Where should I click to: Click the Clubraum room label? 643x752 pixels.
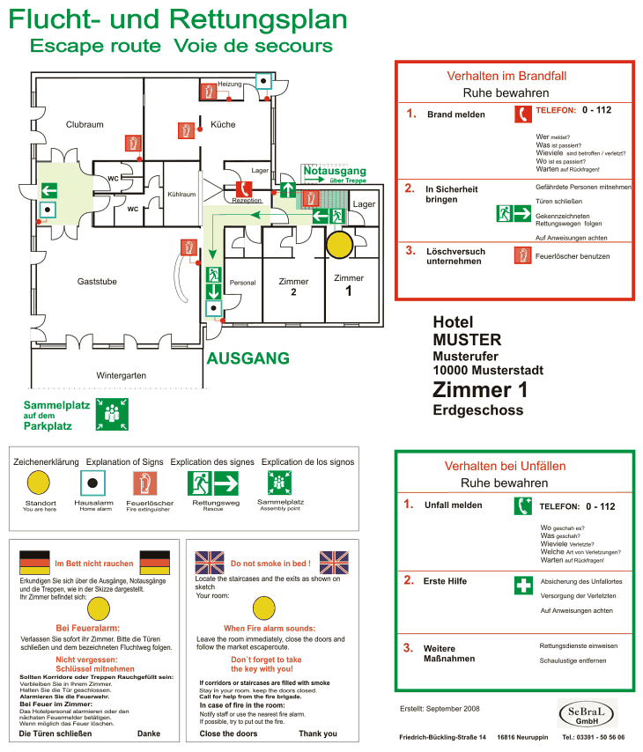(x=85, y=125)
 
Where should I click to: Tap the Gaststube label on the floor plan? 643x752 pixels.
(x=97, y=282)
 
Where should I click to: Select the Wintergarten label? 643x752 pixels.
(x=121, y=375)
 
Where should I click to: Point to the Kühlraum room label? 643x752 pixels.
(x=181, y=194)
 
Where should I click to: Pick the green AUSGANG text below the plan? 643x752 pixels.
(x=248, y=358)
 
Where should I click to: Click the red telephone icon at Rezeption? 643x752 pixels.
(x=244, y=189)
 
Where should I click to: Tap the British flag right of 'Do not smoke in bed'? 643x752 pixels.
(x=334, y=562)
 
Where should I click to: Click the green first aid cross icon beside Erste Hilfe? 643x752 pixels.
(x=524, y=586)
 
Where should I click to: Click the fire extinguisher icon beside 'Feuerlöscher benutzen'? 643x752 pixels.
(x=523, y=255)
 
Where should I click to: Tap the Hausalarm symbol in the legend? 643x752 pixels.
(x=93, y=483)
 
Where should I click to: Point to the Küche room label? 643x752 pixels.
(x=223, y=125)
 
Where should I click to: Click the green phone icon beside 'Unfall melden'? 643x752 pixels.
(x=524, y=506)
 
